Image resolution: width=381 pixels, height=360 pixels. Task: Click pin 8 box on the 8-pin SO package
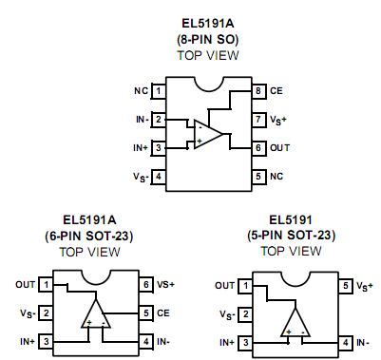click(257, 90)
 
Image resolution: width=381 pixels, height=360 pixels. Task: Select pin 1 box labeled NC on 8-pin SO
click(159, 90)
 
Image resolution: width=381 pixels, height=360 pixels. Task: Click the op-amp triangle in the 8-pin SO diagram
click(208, 134)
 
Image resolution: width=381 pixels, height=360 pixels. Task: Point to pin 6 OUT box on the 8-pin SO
click(257, 148)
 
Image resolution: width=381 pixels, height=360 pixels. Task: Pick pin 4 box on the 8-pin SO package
click(159, 177)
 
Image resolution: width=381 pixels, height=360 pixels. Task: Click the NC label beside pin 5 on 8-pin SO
click(277, 177)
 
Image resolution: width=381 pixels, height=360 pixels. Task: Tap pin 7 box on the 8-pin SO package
click(257, 120)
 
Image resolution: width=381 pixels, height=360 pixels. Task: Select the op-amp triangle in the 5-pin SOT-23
click(295, 323)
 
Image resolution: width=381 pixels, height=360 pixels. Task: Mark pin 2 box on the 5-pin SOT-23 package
click(246, 313)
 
